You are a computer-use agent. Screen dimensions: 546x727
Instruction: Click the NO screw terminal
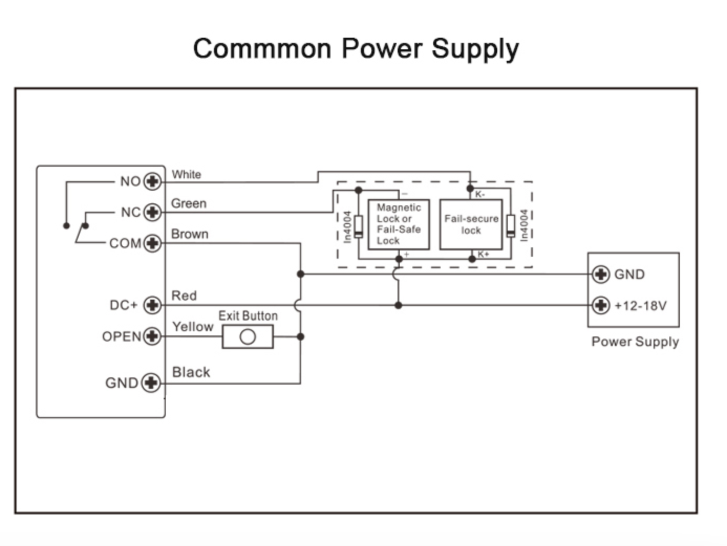click(x=152, y=181)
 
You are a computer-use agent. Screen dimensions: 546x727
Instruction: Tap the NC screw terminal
click(x=152, y=212)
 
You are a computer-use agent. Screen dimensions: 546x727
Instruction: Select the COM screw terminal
click(x=152, y=243)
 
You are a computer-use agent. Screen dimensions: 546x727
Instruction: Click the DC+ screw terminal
click(x=152, y=305)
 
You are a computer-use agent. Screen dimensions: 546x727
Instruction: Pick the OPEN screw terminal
click(x=152, y=336)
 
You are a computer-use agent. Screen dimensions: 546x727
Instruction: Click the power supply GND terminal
click(x=601, y=274)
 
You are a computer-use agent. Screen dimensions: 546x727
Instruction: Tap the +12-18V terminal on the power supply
click(x=601, y=305)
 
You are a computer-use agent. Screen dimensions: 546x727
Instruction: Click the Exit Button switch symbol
click(x=248, y=336)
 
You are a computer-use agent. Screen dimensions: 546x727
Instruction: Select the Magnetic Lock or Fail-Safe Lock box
click(x=399, y=224)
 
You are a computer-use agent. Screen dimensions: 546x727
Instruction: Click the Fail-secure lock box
click(x=471, y=224)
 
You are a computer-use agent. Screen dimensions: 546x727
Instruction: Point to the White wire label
click(x=186, y=174)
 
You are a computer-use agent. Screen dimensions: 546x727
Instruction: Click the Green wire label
click(x=189, y=203)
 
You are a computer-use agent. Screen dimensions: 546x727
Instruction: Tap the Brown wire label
click(x=190, y=234)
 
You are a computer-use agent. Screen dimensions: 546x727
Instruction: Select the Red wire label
click(x=184, y=296)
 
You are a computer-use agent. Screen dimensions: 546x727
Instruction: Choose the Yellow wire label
click(x=193, y=326)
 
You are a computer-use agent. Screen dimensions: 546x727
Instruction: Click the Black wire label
click(x=191, y=372)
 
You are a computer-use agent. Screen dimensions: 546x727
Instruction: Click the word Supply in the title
click(x=475, y=49)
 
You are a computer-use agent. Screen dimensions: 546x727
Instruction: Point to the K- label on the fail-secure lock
click(x=480, y=194)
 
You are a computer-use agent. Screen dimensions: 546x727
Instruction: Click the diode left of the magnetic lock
click(x=358, y=226)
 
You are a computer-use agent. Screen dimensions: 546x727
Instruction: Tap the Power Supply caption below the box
click(x=635, y=342)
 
